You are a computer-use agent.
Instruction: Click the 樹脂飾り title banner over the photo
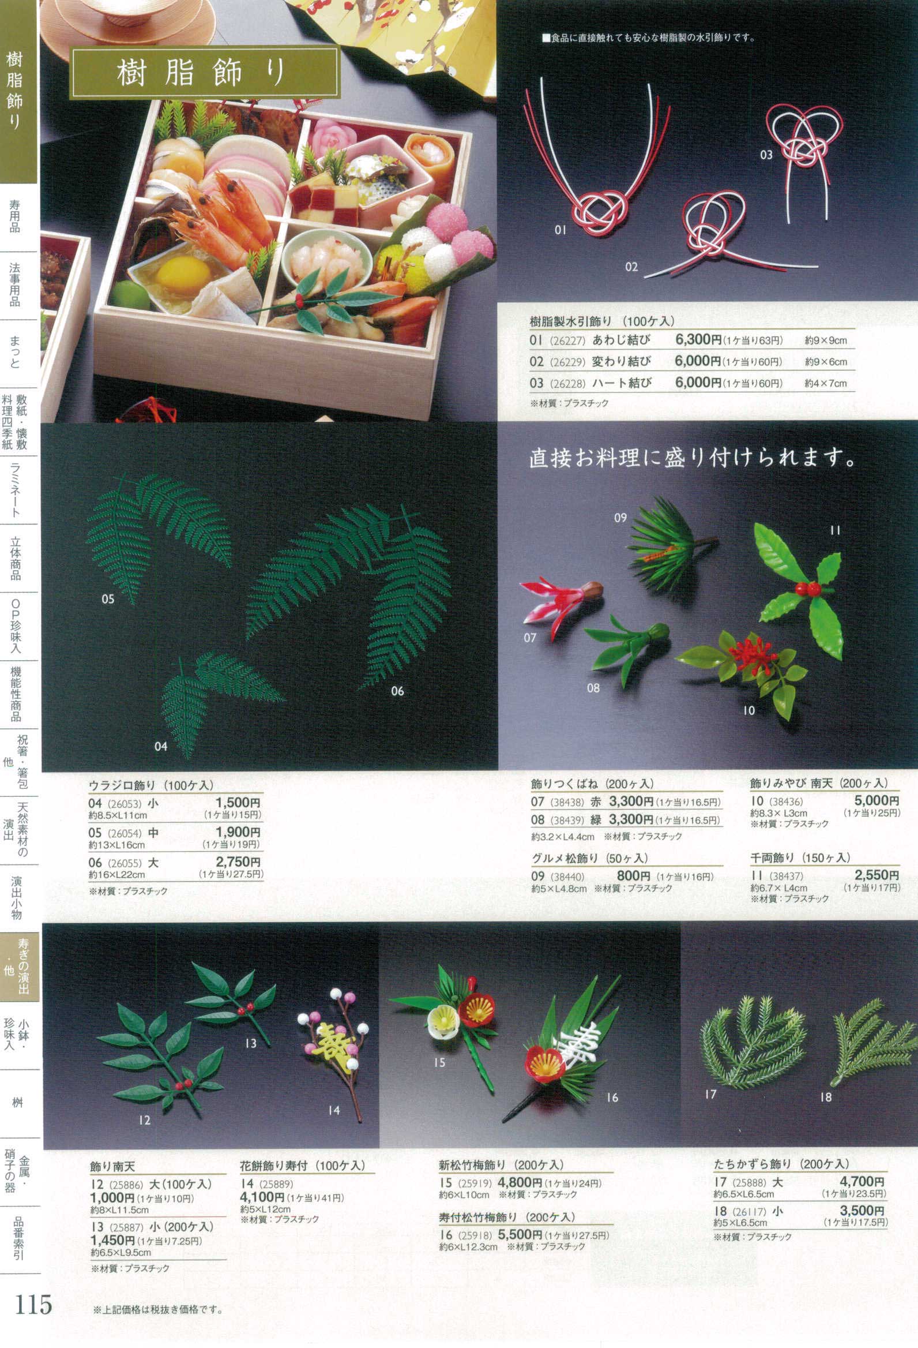pos(204,73)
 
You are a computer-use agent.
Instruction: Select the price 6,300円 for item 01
pos(698,340)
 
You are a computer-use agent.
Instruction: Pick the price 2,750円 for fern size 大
pos(238,862)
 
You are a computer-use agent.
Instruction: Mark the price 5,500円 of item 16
pos(520,1234)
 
